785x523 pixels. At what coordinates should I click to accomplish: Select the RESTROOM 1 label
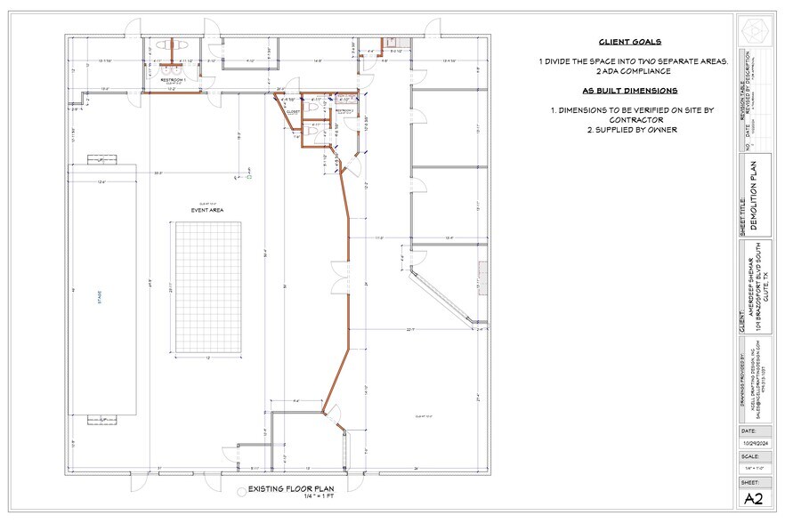173,79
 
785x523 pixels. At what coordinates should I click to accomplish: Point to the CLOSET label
292,112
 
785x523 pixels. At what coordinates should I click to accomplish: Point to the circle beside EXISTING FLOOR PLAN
239,490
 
